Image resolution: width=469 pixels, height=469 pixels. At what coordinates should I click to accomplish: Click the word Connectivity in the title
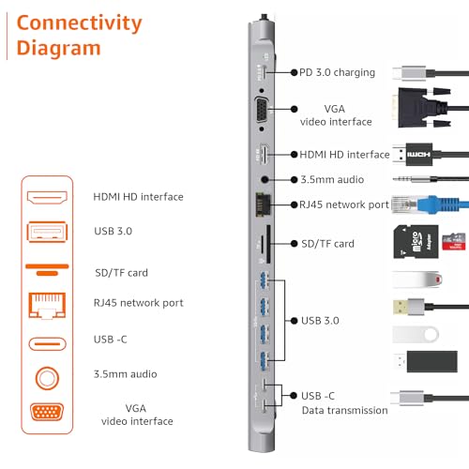(78, 23)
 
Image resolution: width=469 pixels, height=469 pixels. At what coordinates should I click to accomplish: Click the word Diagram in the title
(57, 48)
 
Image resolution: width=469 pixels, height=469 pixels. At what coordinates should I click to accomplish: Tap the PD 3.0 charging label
(337, 72)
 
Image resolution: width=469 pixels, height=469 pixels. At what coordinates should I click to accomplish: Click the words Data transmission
(344, 410)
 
